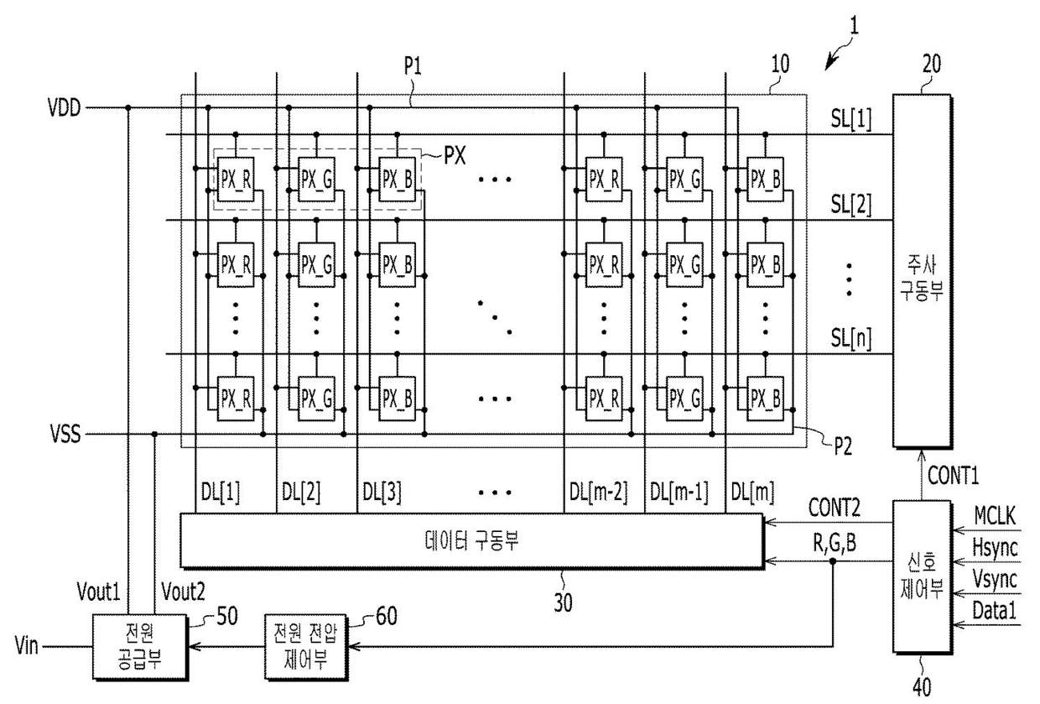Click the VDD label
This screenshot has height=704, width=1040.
64,107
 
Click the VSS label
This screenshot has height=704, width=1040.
65,434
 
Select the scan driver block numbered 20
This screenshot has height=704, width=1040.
922,271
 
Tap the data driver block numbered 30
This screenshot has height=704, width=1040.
471,540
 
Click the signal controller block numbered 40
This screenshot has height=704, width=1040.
922,576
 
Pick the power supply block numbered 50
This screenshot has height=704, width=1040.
140,647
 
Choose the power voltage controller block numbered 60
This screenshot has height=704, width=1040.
306,647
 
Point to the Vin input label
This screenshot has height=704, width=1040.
27,645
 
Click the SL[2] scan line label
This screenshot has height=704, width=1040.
851,205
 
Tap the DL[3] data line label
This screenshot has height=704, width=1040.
382,493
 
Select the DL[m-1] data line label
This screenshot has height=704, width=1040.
679,493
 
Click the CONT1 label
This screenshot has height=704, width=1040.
953,475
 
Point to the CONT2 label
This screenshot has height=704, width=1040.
834,508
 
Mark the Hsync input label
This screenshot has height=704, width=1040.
995,548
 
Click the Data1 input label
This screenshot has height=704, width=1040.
994,610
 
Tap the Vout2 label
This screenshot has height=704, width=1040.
183,592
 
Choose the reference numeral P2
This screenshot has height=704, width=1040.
843,446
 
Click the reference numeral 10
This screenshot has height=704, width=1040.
780,64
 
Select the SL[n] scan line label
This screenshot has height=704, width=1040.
851,338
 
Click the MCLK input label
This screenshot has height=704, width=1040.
995,515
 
